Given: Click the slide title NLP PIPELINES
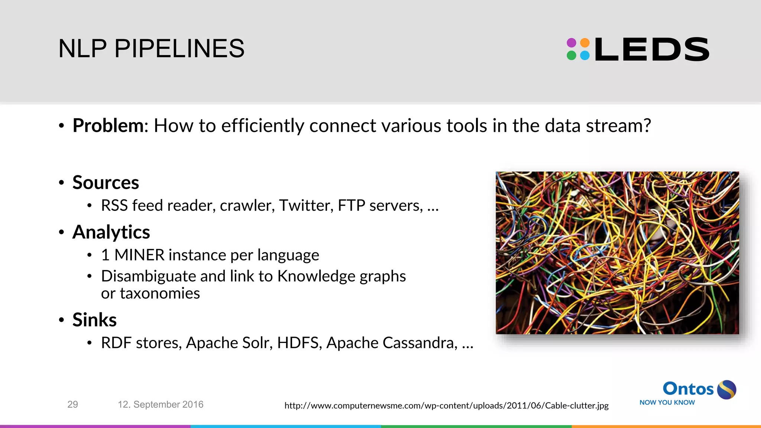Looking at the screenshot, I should coord(151,49).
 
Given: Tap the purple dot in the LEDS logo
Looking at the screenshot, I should coord(571,43).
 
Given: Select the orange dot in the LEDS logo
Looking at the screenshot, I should coord(585,43).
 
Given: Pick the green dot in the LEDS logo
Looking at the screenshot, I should coord(571,56).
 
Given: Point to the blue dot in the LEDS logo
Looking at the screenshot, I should coord(585,56).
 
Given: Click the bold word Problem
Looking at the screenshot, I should coord(108,126).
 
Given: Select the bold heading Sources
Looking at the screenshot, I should coord(106,182).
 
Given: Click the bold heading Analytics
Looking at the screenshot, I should coord(111,232).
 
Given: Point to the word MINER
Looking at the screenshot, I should coord(139,255).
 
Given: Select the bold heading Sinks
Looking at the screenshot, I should coord(94,320).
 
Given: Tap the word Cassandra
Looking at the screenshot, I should coord(420,343).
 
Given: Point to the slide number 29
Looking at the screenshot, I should coord(72,405).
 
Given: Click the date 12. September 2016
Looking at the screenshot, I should coord(161,405).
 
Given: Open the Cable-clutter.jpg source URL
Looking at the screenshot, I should coord(446,406).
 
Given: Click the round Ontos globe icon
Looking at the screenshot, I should coord(726,390).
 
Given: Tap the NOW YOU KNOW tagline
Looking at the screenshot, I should coord(667,403).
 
